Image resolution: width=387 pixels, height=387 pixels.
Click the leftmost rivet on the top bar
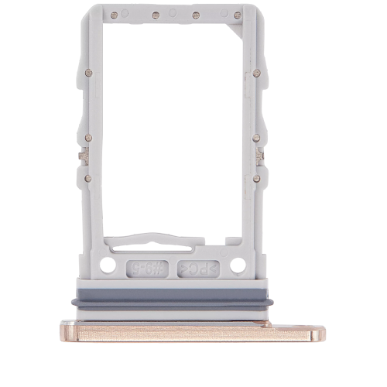click(115, 15)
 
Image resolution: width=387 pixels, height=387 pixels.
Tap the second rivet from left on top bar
click(156, 15)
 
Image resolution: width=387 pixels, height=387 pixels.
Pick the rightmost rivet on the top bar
click(237, 15)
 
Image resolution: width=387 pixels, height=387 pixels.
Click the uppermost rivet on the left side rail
click(88, 73)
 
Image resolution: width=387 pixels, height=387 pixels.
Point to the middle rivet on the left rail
click(88, 138)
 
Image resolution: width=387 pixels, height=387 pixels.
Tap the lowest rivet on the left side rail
click(88, 178)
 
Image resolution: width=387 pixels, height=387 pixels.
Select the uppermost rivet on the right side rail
click(256, 73)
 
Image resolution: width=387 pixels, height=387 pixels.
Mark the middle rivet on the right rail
click(256, 138)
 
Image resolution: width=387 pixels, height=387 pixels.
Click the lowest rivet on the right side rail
click(256, 178)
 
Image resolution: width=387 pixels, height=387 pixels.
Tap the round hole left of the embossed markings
click(108, 265)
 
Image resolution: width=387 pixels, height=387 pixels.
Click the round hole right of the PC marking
click(238, 265)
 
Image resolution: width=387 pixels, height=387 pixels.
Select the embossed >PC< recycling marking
click(199, 268)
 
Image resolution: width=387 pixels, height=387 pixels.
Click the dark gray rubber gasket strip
click(173, 303)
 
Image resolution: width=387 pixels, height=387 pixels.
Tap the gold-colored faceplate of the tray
click(193, 331)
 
